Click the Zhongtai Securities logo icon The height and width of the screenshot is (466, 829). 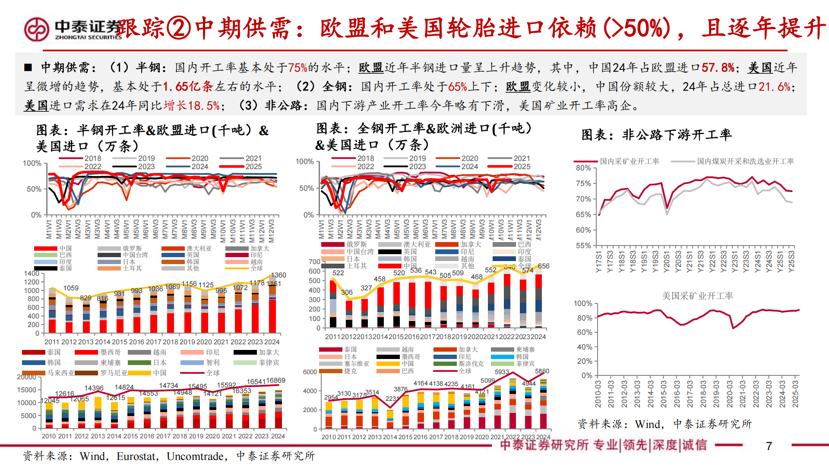point(37,29)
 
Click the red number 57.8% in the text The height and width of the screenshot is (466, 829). point(718,68)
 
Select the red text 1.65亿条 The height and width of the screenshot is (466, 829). point(188,87)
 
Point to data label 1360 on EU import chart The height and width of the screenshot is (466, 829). point(278,275)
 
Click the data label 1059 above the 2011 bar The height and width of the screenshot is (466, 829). point(71,288)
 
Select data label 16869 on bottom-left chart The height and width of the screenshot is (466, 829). point(275,380)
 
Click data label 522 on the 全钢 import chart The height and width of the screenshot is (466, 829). point(338,273)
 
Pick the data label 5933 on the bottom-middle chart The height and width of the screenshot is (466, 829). point(502,372)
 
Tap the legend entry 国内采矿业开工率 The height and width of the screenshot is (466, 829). point(629,161)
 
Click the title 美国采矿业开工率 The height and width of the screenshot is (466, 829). point(697,296)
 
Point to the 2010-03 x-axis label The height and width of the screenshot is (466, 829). point(598,394)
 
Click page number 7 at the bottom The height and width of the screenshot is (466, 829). point(769,446)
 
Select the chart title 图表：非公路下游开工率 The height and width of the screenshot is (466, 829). point(656,135)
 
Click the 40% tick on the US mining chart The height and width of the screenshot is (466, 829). point(584,347)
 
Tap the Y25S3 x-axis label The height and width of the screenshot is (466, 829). point(791,261)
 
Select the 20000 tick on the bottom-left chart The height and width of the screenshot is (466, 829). point(27,377)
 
